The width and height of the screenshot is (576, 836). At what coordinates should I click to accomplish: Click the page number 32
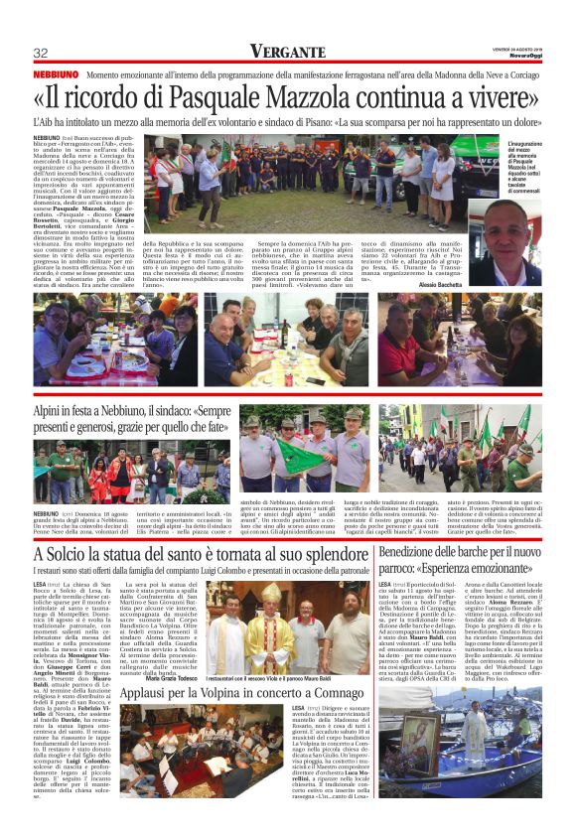pos(41,54)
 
